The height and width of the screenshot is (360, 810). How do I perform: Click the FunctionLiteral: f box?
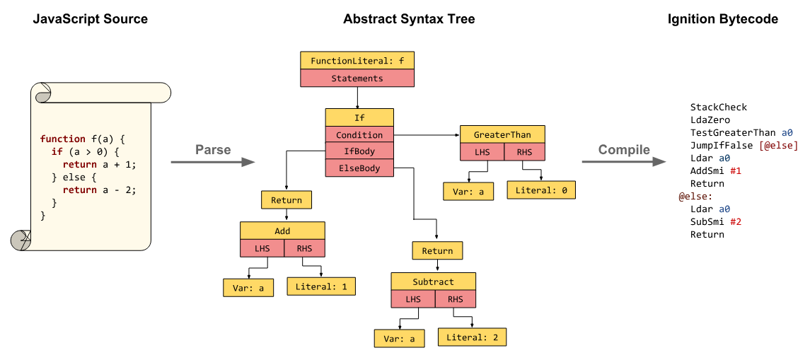pos(357,61)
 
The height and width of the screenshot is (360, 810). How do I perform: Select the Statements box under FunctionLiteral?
pos(357,79)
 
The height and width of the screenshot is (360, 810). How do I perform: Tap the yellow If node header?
pos(359,117)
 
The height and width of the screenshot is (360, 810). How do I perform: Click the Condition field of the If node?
pos(359,135)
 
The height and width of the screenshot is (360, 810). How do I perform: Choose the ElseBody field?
pos(359,168)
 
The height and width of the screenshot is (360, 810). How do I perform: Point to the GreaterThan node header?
pos(502,134)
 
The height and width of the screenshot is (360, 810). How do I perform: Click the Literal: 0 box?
pos(541,190)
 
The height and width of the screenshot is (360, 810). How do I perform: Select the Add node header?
pos(282,231)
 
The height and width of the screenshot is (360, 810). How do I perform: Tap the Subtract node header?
pos(433,281)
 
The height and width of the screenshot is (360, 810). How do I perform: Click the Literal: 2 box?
pos(472,337)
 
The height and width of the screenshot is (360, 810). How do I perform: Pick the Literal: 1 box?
pos(321,286)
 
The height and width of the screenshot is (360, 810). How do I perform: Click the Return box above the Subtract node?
pos(437,251)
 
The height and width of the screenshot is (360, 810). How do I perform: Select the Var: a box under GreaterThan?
pos(468,192)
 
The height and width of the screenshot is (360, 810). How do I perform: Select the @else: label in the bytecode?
pos(695,197)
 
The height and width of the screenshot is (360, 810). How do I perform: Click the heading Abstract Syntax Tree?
pos(409,19)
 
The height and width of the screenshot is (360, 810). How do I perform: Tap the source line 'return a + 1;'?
pos(98,165)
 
